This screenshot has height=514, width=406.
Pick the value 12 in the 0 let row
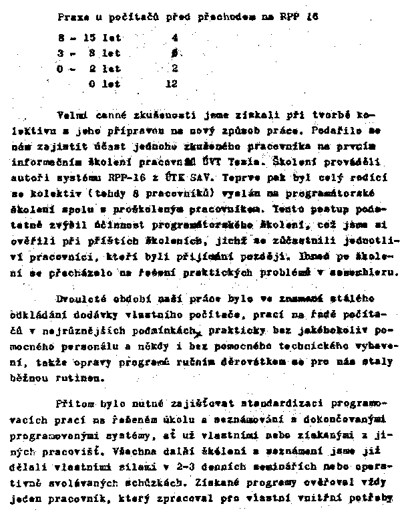pos(172,84)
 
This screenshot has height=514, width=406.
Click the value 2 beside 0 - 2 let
pos(174,69)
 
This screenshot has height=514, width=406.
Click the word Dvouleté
pos(77,298)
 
